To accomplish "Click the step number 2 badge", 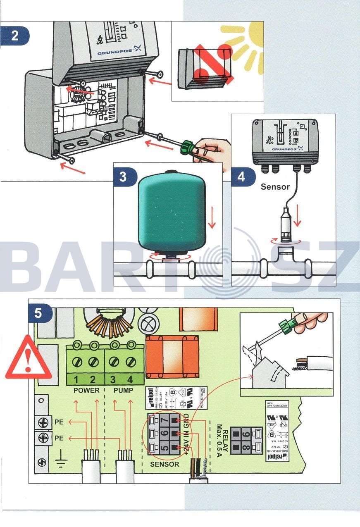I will [14, 36].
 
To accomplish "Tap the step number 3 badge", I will [123, 177].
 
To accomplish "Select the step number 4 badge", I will [241, 177].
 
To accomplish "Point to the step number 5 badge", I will [38, 313].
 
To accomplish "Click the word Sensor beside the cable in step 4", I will [275, 187].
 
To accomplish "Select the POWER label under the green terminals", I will [86, 390].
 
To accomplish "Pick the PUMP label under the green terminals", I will [123, 390].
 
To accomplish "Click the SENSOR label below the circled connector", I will [165, 464].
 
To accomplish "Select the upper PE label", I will [59, 422].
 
